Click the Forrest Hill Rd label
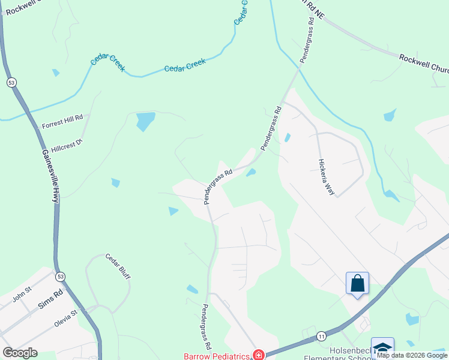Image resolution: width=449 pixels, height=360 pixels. click(62, 122)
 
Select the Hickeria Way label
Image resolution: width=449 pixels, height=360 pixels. click(326, 178)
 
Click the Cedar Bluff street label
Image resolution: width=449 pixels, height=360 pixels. click(118, 266)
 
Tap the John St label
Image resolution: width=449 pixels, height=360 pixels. click(21, 295)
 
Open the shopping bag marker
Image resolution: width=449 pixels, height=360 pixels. click(357, 283)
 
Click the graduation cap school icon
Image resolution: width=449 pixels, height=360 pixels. click(382, 348)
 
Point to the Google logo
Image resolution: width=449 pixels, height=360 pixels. click(20, 353)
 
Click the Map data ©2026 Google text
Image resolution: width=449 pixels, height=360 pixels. click(412, 355)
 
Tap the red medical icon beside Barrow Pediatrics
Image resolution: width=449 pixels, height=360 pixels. click(259, 355)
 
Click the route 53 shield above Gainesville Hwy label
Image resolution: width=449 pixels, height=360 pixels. click(11, 82)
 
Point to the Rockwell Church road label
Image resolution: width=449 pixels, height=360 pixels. click(423, 63)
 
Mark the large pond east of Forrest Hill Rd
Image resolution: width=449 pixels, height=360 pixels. click(145, 121)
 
